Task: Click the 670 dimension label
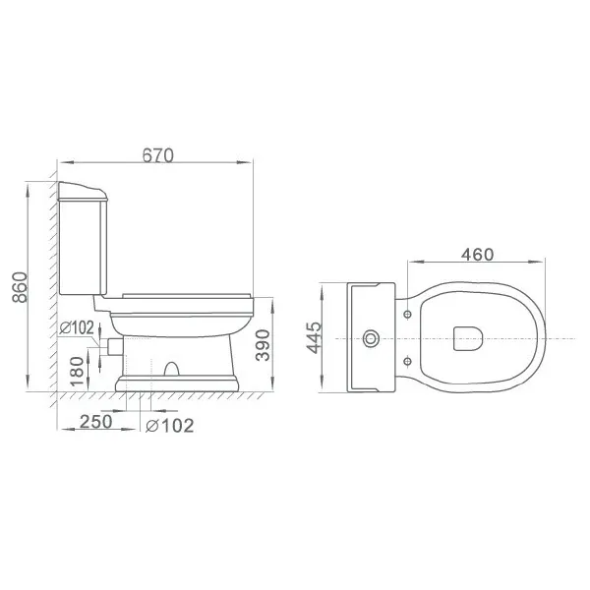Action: click(x=158, y=155)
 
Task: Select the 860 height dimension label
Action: click(x=20, y=287)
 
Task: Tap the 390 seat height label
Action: click(x=263, y=345)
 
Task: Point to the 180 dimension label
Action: click(x=77, y=372)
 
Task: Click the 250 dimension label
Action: click(x=96, y=422)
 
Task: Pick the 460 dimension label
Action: click(x=477, y=255)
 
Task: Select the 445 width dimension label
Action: click(x=314, y=337)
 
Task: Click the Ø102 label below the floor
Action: click(x=170, y=426)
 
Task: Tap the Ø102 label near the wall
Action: click(x=77, y=328)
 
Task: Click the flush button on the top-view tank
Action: click(x=371, y=338)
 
